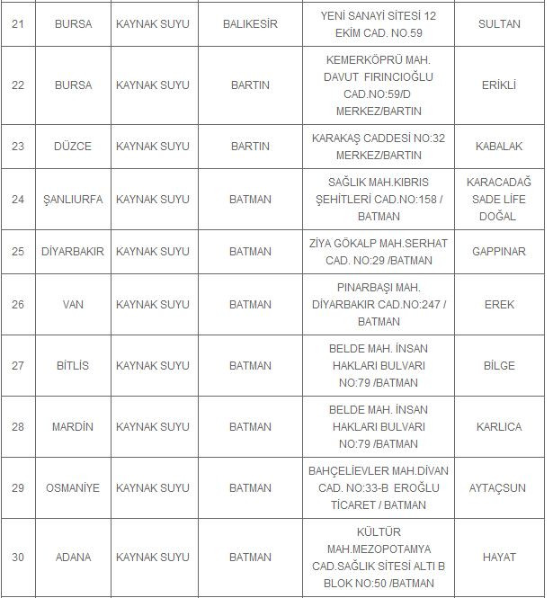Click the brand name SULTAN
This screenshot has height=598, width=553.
pos(499,24)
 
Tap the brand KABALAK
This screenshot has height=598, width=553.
pos(499,146)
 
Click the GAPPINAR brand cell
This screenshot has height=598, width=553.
pos(499,252)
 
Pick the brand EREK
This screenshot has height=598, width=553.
pos(499,305)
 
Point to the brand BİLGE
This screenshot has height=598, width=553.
pos(499,366)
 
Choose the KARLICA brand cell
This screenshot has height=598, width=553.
pos(499,427)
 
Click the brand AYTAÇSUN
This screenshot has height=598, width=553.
pos(499,488)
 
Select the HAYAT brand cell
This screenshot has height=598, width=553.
pos(499,558)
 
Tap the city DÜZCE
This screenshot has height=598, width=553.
pos(73,146)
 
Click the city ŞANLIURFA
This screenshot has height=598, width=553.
pos(73,200)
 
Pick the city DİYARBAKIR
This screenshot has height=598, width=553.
pos(73,252)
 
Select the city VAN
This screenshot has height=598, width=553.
pos(73,305)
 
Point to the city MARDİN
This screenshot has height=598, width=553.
pos(73,427)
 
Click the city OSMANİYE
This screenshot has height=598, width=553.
pos(73,488)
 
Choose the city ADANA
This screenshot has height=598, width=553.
pos(73,558)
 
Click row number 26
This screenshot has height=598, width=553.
pos(18,305)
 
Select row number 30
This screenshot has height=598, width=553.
pos(18,558)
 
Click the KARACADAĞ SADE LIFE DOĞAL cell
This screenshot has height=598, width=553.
pos(499,200)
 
